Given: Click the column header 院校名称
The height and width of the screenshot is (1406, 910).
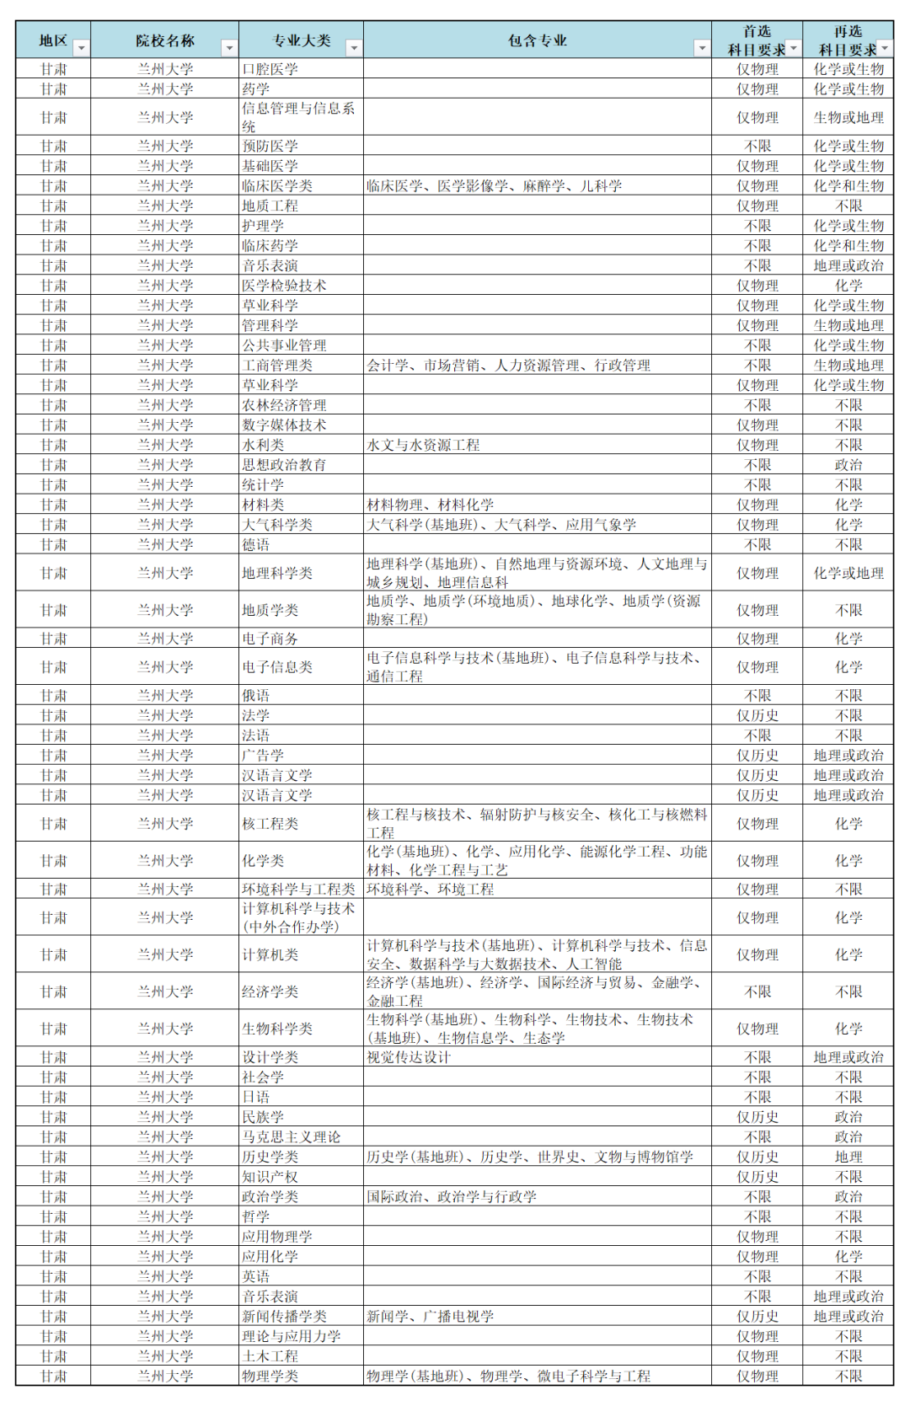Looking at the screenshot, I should pyautogui.click(x=165, y=40).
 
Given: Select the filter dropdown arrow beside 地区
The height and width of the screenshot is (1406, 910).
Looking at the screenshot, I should pyautogui.click(x=82, y=49).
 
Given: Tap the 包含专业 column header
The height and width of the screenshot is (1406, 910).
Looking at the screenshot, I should pyautogui.click(x=537, y=40).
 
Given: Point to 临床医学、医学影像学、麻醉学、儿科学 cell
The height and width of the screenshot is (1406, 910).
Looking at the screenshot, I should pyautogui.click(x=494, y=186).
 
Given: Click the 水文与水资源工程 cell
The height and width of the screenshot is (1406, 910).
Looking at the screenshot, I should pyautogui.click(x=423, y=445).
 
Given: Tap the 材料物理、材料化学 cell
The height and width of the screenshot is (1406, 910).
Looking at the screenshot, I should pyautogui.click(x=430, y=505).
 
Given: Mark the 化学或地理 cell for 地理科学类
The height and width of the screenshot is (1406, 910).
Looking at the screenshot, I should pyautogui.click(x=848, y=574).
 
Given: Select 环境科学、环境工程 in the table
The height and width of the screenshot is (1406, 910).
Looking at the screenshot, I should pyautogui.click(x=430, y=890).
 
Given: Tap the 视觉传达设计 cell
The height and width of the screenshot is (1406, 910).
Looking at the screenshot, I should pyautogui.click(x=409, y=1057).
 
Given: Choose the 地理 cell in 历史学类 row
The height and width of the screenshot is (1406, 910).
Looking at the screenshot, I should pyautogui.click(x=848, y=1157).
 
